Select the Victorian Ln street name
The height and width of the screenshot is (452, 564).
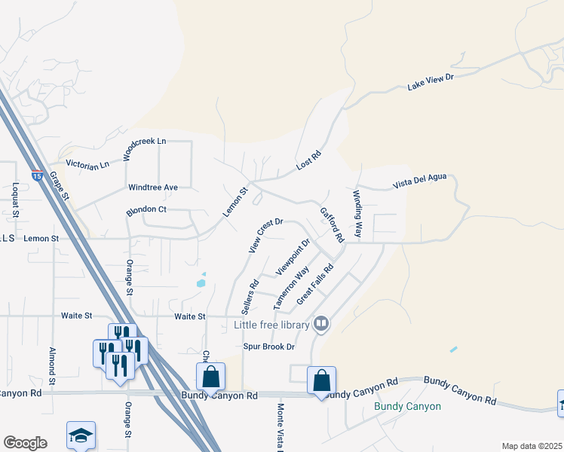click(87, 163)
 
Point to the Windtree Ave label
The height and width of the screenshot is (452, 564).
click(153, 187)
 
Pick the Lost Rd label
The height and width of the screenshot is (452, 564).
click(309, 160)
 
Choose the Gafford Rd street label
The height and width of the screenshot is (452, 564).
click(332, 224)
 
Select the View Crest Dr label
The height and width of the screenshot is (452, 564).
click(265, 235)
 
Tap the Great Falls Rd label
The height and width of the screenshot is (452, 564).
click(315, 284)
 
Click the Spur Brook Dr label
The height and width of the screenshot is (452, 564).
click(268, 347)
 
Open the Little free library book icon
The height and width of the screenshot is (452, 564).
click(321, 325)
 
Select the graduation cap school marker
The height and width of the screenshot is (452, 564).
click(81, 435)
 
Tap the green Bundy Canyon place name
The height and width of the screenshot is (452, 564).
click(407, 407)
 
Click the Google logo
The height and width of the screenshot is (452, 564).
click(25, 443)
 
